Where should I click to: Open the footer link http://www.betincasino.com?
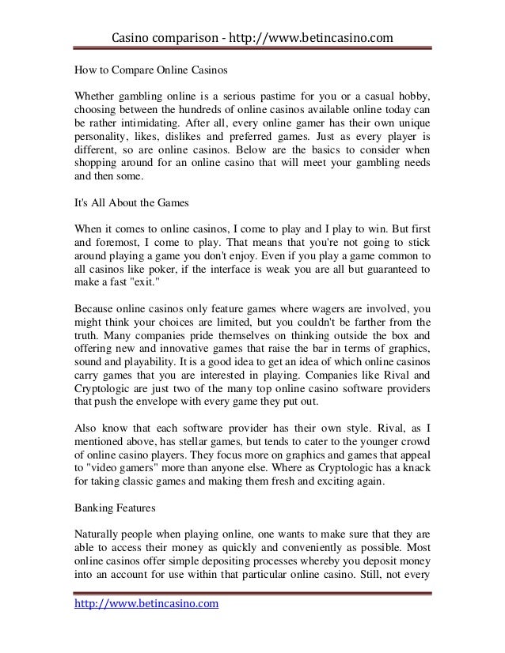(146, 605)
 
